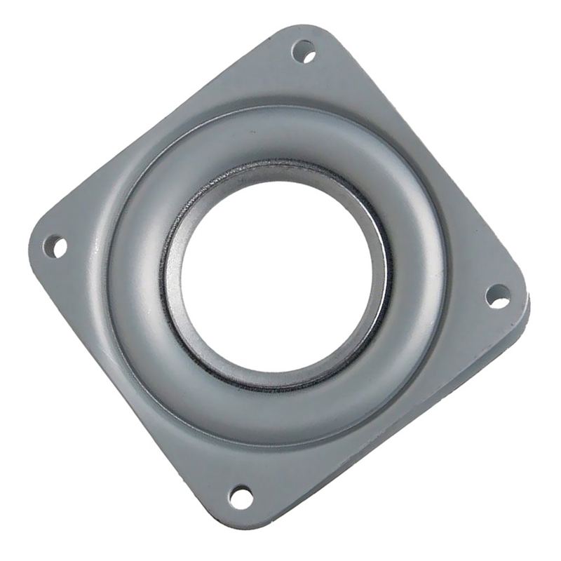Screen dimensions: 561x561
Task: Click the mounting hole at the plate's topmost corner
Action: coord(303,51)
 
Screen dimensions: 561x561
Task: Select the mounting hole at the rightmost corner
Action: coord(498,296)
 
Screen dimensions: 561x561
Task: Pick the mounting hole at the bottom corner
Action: coord(241,496)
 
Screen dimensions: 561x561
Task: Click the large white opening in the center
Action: coord(276,273)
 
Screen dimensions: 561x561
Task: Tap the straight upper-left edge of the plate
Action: coord(154,126)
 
